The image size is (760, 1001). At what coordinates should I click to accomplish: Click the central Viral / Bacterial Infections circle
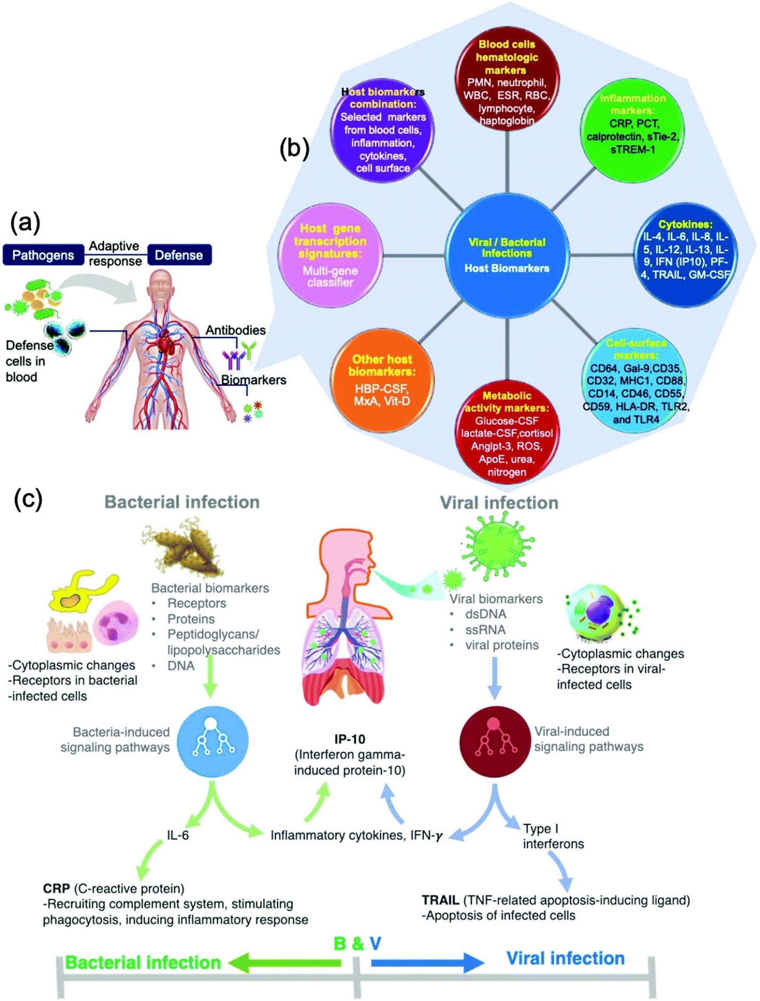506,255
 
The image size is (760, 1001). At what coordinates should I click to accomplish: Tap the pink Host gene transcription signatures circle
330,255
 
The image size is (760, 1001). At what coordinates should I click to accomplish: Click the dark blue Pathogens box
43,255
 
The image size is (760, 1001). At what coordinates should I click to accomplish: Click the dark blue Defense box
179,255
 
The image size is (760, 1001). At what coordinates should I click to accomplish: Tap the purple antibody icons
233,360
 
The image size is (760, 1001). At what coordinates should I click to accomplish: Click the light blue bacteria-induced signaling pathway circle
212,740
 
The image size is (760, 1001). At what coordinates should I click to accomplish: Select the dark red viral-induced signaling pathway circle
495,740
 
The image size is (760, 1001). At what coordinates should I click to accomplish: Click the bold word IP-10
349,739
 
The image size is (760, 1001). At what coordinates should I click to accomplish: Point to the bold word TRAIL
440,900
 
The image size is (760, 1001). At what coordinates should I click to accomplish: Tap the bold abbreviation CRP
56,888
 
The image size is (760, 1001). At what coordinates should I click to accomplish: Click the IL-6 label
178,835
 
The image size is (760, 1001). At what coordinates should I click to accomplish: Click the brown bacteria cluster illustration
186,550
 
